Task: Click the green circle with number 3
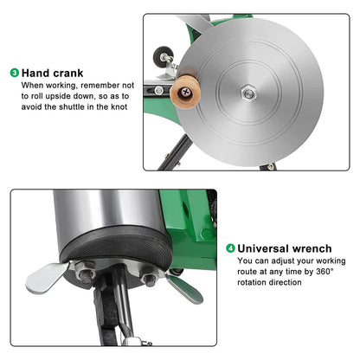[x=14, y=73]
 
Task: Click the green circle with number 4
[x=230, y=247]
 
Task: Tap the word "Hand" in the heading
[x=39, y=73]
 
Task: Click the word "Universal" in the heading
[x=267, y=247]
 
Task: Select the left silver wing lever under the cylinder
[x=43, y=279]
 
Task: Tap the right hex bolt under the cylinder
[x=148, y=279]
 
